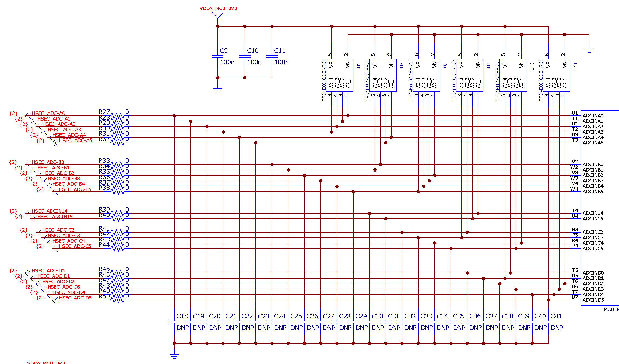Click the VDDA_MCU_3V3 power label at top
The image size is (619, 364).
(218, 8)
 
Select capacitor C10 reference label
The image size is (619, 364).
(252, 51)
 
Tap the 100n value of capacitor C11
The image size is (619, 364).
(281, 62)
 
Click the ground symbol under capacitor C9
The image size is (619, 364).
(217, 90)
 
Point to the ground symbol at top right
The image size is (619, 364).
(589, 50)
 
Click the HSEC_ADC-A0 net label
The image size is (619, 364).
(49, 113)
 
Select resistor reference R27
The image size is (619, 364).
(104, 112)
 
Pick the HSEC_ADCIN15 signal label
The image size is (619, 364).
(55, 216)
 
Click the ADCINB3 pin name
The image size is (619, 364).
(593, 181)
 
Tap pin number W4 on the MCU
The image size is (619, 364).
(574, 189)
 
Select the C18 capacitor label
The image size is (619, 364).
(182, 316)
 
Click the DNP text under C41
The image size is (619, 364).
(557, 328)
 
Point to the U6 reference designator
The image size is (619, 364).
(358, 65)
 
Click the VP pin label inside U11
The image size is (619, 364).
(548, 65)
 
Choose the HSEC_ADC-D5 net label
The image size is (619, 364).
(75, 298)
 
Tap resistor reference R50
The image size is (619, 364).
(104, 296)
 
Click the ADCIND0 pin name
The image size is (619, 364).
(593, 273)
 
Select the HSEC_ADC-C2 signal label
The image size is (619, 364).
(58, 230)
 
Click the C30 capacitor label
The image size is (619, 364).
(377, 316)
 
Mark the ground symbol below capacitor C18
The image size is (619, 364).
(174, 356)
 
